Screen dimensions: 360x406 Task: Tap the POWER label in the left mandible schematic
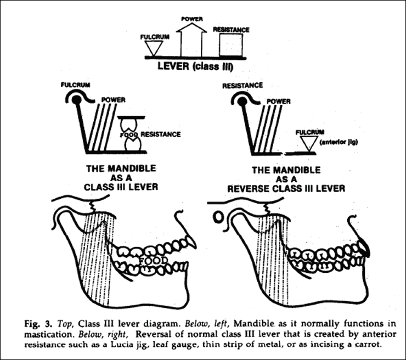(x=114, y=100)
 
